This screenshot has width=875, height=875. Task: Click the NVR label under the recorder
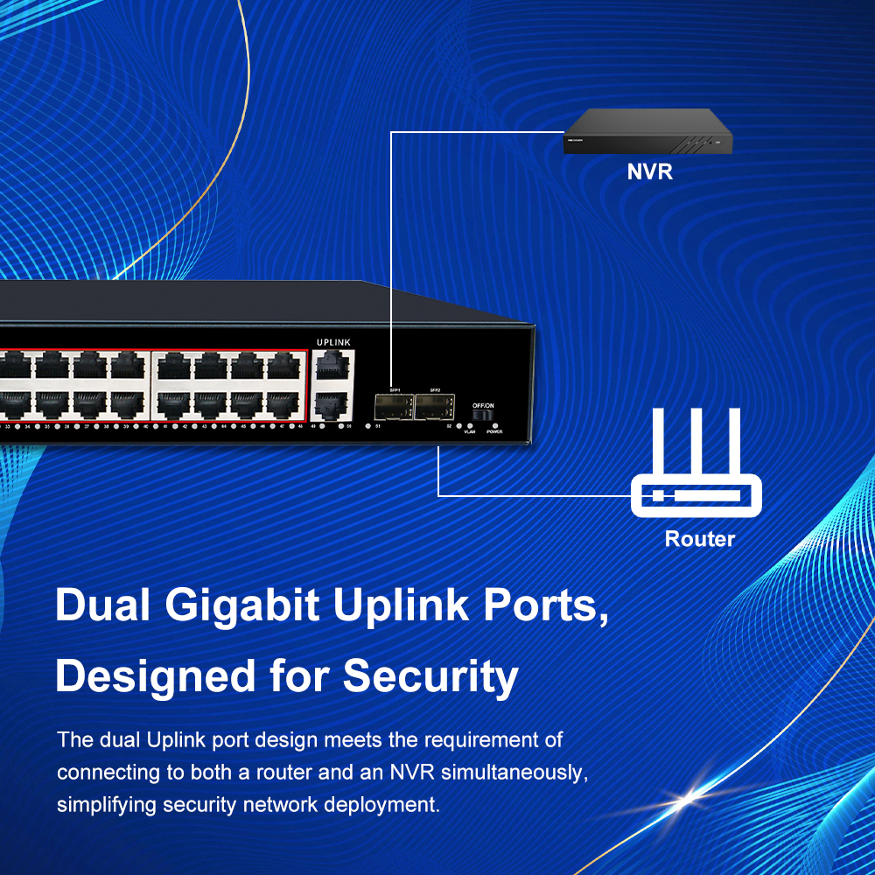tap(649, 171)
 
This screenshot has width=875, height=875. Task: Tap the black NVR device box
tap(647, 132)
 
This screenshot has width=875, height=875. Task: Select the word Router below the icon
tap(700, 539)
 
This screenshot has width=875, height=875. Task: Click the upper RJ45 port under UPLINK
tap(333, 365)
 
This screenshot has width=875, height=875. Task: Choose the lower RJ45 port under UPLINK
tap(333, 404)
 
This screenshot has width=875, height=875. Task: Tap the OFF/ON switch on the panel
tap(482, 415)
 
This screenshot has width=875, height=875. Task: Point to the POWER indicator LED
tap(494, 424)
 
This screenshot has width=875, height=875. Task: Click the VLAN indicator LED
tap(470, 424)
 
